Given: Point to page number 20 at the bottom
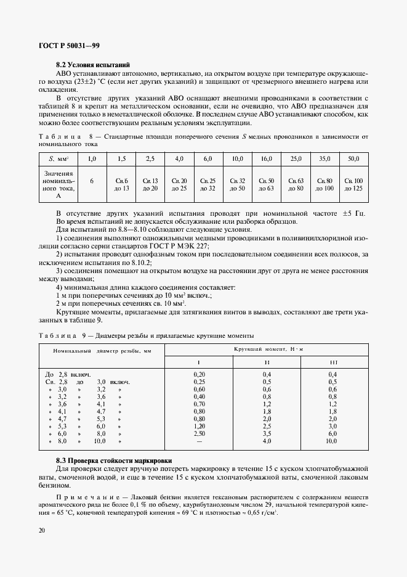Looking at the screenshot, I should click(41, 530).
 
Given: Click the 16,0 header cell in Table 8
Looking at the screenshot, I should click(266, 159).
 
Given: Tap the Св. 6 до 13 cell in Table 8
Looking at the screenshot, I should click(121, 184).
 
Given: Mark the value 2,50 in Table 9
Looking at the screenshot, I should click(199, 434).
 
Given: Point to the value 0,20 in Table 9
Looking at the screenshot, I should click(199, 374).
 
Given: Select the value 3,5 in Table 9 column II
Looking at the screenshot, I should click(267, 434).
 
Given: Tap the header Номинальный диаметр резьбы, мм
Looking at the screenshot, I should click(102, 350).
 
